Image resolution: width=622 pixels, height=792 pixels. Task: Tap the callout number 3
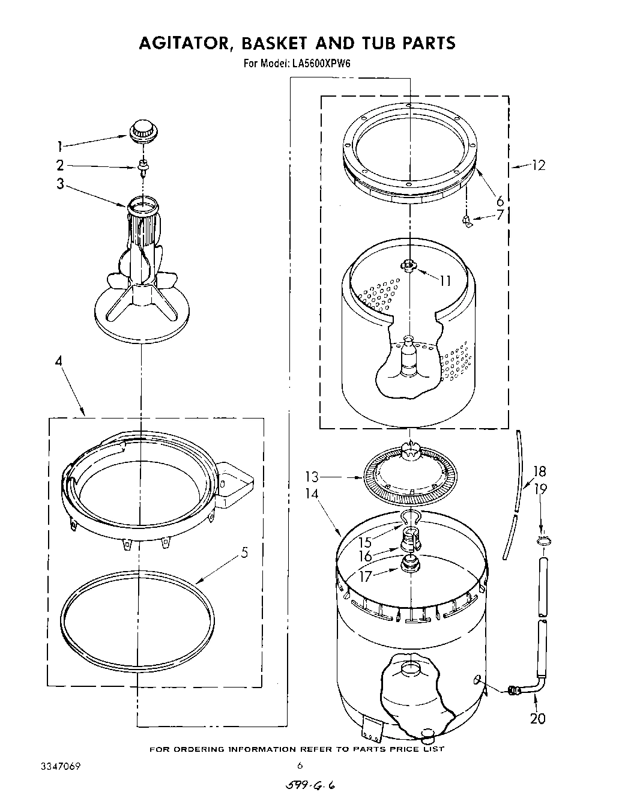[x=60, y=184]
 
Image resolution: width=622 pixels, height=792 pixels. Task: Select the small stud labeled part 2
[x=143, y=167]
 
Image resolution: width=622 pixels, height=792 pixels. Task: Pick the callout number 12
[x=539, y=165]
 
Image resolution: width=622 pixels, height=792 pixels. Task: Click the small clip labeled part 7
[x=466, y=223]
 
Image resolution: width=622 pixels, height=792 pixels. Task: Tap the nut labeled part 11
[x=409, y=265]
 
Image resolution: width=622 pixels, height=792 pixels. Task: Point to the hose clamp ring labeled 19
[x=543, y=543]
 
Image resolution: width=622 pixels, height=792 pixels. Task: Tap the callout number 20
[x=537, y=718]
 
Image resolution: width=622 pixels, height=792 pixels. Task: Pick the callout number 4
[x=59, y=361]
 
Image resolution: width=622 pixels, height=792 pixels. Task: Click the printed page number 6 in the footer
[x=300, y=766]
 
